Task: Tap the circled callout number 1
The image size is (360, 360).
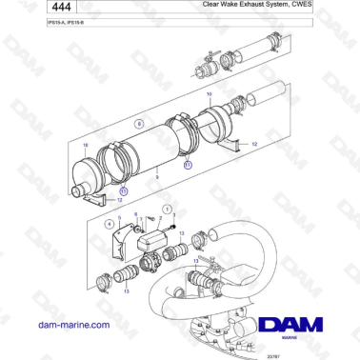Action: pyautogui.click(x=168, y=209)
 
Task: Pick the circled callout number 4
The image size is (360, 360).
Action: pyautogui.click(x=110, y=225)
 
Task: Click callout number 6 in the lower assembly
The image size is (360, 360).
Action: pyautogui.click(x=135, y=215)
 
